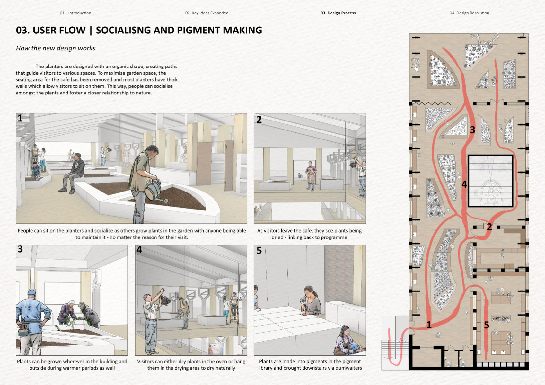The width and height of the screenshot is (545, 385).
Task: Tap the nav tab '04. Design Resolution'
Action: tap(469, 13)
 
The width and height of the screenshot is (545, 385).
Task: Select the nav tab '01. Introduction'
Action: tap(75, 13)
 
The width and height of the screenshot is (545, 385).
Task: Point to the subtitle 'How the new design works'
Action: tap(56, 48)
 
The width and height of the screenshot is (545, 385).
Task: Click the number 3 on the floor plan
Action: tap(472, 130)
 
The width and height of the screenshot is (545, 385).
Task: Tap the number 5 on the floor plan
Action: tap(486, 325)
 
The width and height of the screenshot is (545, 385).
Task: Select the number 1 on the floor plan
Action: tap(429, 325)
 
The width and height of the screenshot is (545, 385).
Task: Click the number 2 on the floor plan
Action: tap(489, 227)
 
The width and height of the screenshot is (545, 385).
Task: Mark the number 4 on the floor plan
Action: tap(464, 184)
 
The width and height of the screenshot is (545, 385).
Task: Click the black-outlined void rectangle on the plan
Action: tap(490, 181)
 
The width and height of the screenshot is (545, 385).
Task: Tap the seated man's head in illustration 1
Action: tap(77, 157)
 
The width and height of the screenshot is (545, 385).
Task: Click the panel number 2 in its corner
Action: tap(259, 120)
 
